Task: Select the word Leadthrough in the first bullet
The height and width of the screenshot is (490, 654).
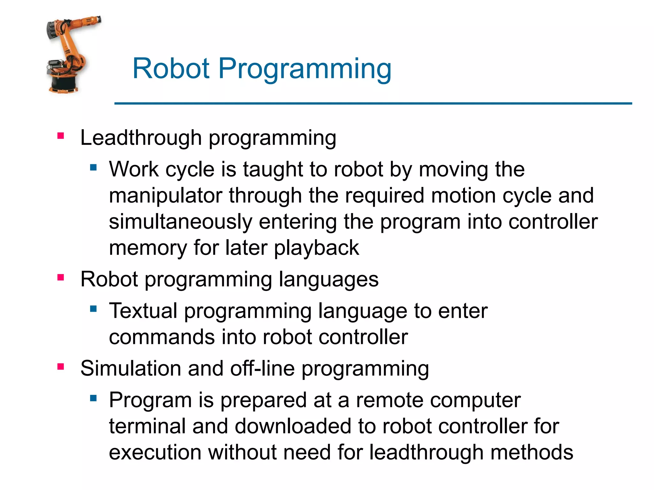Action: tap(141, 138)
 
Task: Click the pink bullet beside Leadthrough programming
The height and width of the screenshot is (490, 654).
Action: tap(61, 136)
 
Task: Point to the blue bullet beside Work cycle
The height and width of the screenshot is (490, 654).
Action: tap(93, 167)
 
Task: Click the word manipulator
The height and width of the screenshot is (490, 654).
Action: tap(165, 196)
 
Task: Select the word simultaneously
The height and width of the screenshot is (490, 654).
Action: tap(180, 222)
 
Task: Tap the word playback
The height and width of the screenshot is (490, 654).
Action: tap(316, 248)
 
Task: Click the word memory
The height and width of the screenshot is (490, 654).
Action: tap(148, 248)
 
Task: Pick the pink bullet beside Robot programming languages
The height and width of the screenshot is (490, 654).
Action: tap(61, 278)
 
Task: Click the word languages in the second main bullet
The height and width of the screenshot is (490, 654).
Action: tap(329, 280)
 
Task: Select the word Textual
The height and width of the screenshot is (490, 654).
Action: tap(143, 311)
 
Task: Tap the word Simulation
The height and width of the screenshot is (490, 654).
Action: tap(131, 368)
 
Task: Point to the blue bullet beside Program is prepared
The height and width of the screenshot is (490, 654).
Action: tap(93, 398)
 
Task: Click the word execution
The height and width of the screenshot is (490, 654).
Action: tap(155, 452)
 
